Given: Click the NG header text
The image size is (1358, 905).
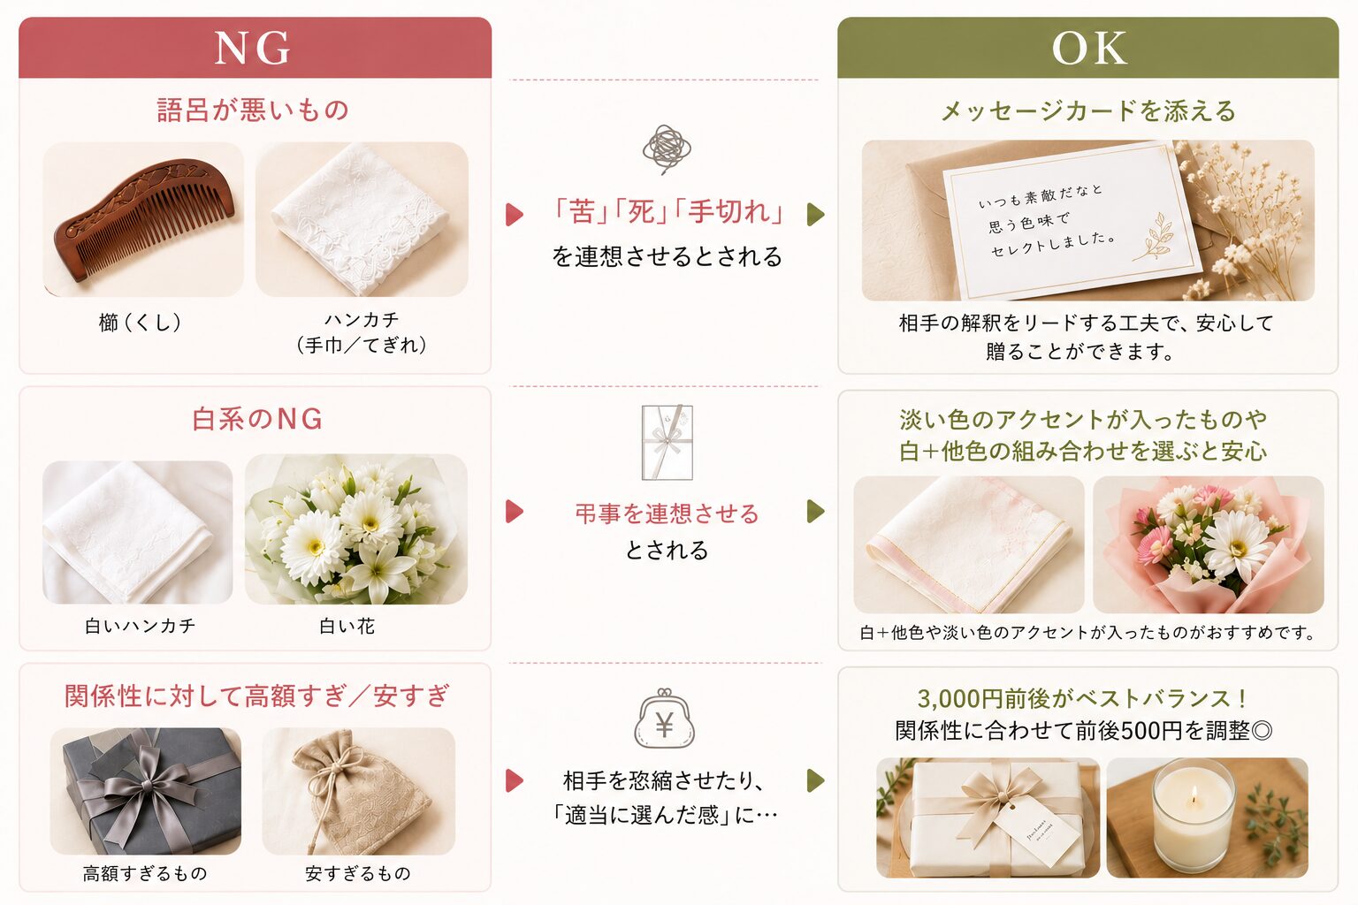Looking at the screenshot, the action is pyautogui.click(x=252, y=49).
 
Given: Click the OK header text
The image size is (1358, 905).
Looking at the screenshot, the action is pyautogui.click(x=1089, y=48).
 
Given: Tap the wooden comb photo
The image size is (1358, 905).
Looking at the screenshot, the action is pyautogui.click(x=144, y=219).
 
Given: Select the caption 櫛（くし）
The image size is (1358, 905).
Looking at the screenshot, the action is pyautogui.click(x=140, y=322).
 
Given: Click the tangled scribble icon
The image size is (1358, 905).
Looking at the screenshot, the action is pyautogui.click(x=667, y=149).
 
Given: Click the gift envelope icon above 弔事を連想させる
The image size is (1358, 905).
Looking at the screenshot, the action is pyautogui.click(x=667, y=443).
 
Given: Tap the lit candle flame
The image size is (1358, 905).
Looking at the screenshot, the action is pyautogui.click(x=1194, y=796).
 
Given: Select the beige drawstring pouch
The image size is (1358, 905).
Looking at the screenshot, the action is pyautogui.click(x=358, y=790).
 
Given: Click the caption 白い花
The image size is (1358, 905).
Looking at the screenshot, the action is pyautogui.click(x=347, y=627).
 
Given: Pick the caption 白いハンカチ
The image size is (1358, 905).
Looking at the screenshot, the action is pyautogui.click(x=140, y=627).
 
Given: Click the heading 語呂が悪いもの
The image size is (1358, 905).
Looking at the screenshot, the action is pyautogui.click(x=253, y=110).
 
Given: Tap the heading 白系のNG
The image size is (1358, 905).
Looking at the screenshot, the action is pyautogui.click(x=257, y=419).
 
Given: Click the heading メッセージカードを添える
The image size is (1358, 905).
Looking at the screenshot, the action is pyautogui.click(x=1088, y=111).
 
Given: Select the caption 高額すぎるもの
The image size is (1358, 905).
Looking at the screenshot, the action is pyautogui.click(x=145, y=873).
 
